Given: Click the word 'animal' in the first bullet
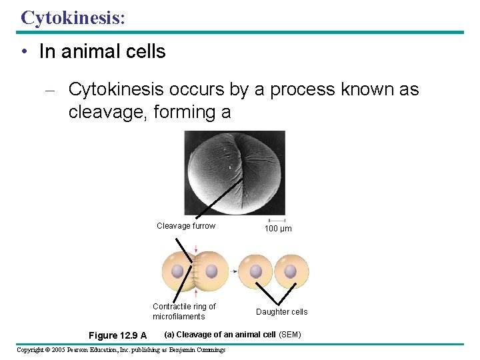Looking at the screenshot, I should [x=85, y=52].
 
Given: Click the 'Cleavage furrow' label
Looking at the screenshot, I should [x=186, y=226].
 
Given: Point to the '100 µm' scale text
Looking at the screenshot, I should [x=277, y=229].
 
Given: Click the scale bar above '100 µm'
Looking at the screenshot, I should [x=277, y=220].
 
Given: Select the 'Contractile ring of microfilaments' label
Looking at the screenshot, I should [x=183, y=311].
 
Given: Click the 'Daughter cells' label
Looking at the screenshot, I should [x=281, y=312].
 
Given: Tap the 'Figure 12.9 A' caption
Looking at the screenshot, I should [x=117, y=335].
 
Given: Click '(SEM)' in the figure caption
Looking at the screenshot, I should [x=289, y=334].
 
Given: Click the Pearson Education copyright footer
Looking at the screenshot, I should [x=121, y=350].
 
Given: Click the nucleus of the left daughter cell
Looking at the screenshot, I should [x=256, y=271].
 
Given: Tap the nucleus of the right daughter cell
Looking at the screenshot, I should [x=291, y=271].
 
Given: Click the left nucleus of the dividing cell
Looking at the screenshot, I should [x=177, y=271].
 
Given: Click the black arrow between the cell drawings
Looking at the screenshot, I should [x=234, y=271].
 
